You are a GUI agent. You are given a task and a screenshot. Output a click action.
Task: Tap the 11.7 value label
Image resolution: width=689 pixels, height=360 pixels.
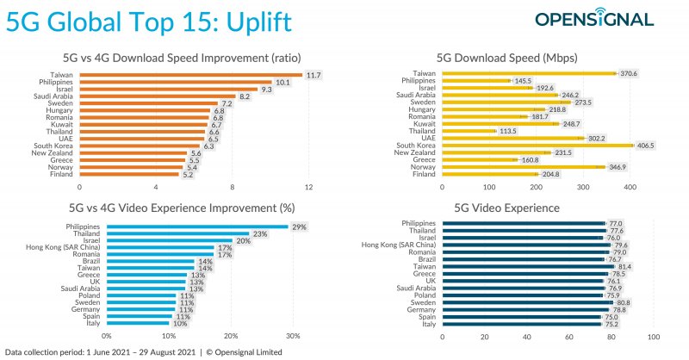pyautogui.click(x=315, y=75)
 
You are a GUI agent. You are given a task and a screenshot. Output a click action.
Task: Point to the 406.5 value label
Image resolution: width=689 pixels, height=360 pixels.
pyautogui.click(x=645, y=145)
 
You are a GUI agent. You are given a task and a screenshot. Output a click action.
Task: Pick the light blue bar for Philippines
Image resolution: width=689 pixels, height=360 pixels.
pyautogui.click(x=197, y=226)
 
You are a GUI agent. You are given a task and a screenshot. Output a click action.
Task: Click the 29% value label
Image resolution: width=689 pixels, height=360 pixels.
pyautogui.click(x=300, y=226)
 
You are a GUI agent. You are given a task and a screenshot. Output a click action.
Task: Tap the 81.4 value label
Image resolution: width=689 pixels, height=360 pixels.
pyautogui.click(x=625, y=268)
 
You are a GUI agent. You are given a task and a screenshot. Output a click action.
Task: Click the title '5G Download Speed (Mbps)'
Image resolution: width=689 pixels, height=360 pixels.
pyautogui.click(x=497, y=59)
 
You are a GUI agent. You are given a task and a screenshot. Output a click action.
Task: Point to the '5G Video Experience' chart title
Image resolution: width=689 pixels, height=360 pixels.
pyautogui.click(x=497, y=208)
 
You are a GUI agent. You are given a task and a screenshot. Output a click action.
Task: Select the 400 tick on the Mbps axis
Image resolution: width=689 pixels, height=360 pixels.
pyautogui.click(x=630, y=186)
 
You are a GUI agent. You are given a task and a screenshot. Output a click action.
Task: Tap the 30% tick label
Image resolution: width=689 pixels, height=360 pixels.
pyautogui.click(x=293, y=337)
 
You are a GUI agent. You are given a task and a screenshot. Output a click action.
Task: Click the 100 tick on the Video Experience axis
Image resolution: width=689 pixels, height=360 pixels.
pyautogui.click(x=655, y=337)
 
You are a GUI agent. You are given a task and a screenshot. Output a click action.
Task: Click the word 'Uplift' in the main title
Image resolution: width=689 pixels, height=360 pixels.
pyautogui.click(x=255, y=21)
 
